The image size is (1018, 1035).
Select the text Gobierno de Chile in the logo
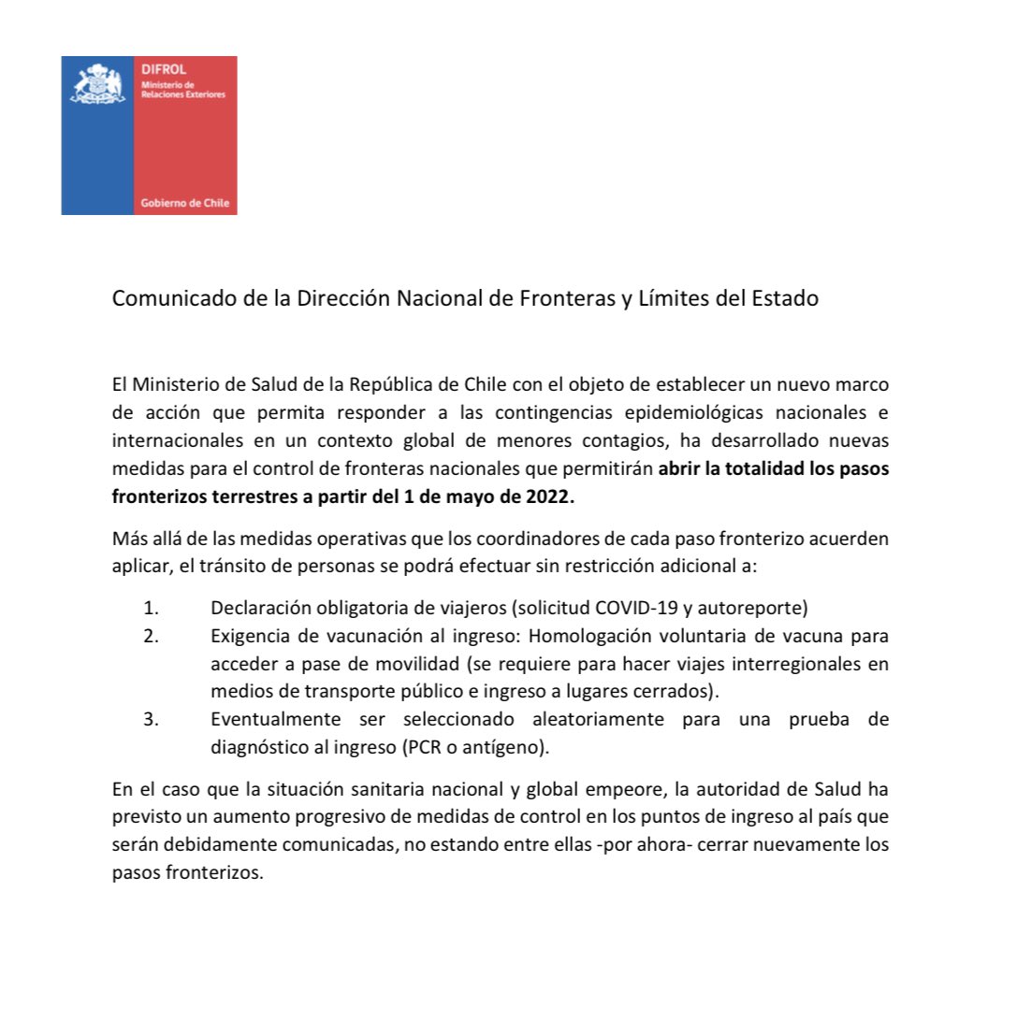184,203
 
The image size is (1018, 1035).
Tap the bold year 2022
550,496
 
